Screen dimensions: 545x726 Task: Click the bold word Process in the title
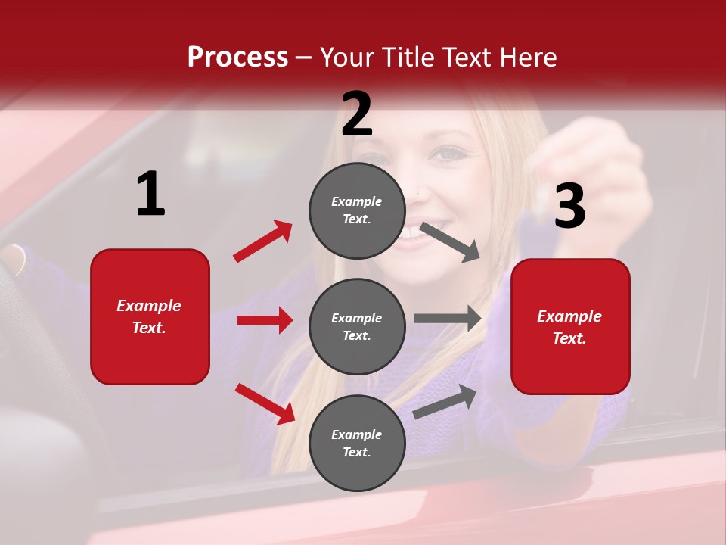(x=237, y=58)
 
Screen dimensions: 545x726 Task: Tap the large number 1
(x=150, y=194)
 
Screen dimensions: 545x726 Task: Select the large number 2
(x=357, y=114)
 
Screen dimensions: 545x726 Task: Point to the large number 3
(x=569, y=206)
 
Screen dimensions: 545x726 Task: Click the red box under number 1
(x=150, y=316)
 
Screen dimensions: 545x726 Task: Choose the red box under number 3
(x=570, y=327)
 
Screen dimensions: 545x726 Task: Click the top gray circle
(x=357, y=210)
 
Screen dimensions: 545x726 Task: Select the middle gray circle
(x=357, y=327)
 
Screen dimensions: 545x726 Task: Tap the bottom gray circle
(x=357, y=444)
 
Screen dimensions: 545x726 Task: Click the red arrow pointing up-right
(x=263, y=241)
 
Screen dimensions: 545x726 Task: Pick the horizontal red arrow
(x=265, y=320)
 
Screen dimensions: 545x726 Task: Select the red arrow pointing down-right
(x=265, y=403)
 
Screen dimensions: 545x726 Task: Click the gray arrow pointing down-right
(x=450, y=241)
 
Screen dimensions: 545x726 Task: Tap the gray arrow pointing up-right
(x=445, y=401)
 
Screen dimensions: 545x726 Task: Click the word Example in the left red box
(x=149, y=306)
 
